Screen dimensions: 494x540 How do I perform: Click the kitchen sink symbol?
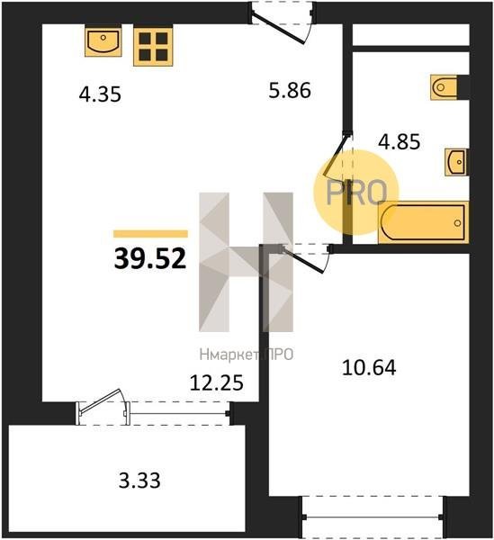click(x=103, y=41)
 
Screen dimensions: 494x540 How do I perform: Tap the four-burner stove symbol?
click(x=153, y=47)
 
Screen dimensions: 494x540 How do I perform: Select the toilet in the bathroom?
click(x=445, y=87)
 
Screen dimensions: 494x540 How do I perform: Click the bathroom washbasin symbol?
click(x=456, y=162)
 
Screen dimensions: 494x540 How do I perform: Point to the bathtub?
click(x=424, y=222)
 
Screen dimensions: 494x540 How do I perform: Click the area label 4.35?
click(x=100, y=94)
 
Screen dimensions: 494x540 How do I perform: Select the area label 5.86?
click(x=290, y=90)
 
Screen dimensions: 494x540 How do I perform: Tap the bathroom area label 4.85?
click(x=399, y=141)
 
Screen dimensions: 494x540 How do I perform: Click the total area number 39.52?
click(x=150, y=258)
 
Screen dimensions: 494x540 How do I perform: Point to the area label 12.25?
click(x=217, y=382)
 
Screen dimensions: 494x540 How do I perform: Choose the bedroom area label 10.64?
click(x=369, y=367)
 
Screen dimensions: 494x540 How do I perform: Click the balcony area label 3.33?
click(x=139, y=480)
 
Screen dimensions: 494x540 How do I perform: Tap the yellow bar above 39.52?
click(x=150, y=234)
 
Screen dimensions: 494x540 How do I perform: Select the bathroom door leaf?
click(x=336, y=155)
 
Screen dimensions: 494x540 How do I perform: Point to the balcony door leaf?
click(x=101, y=400)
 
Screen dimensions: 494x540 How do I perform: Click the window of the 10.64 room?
click(x=373, y=517)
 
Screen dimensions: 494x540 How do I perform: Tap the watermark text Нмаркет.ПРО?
click(x=247, y=355)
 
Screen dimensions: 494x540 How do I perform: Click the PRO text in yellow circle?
click(x=356, y=193)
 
